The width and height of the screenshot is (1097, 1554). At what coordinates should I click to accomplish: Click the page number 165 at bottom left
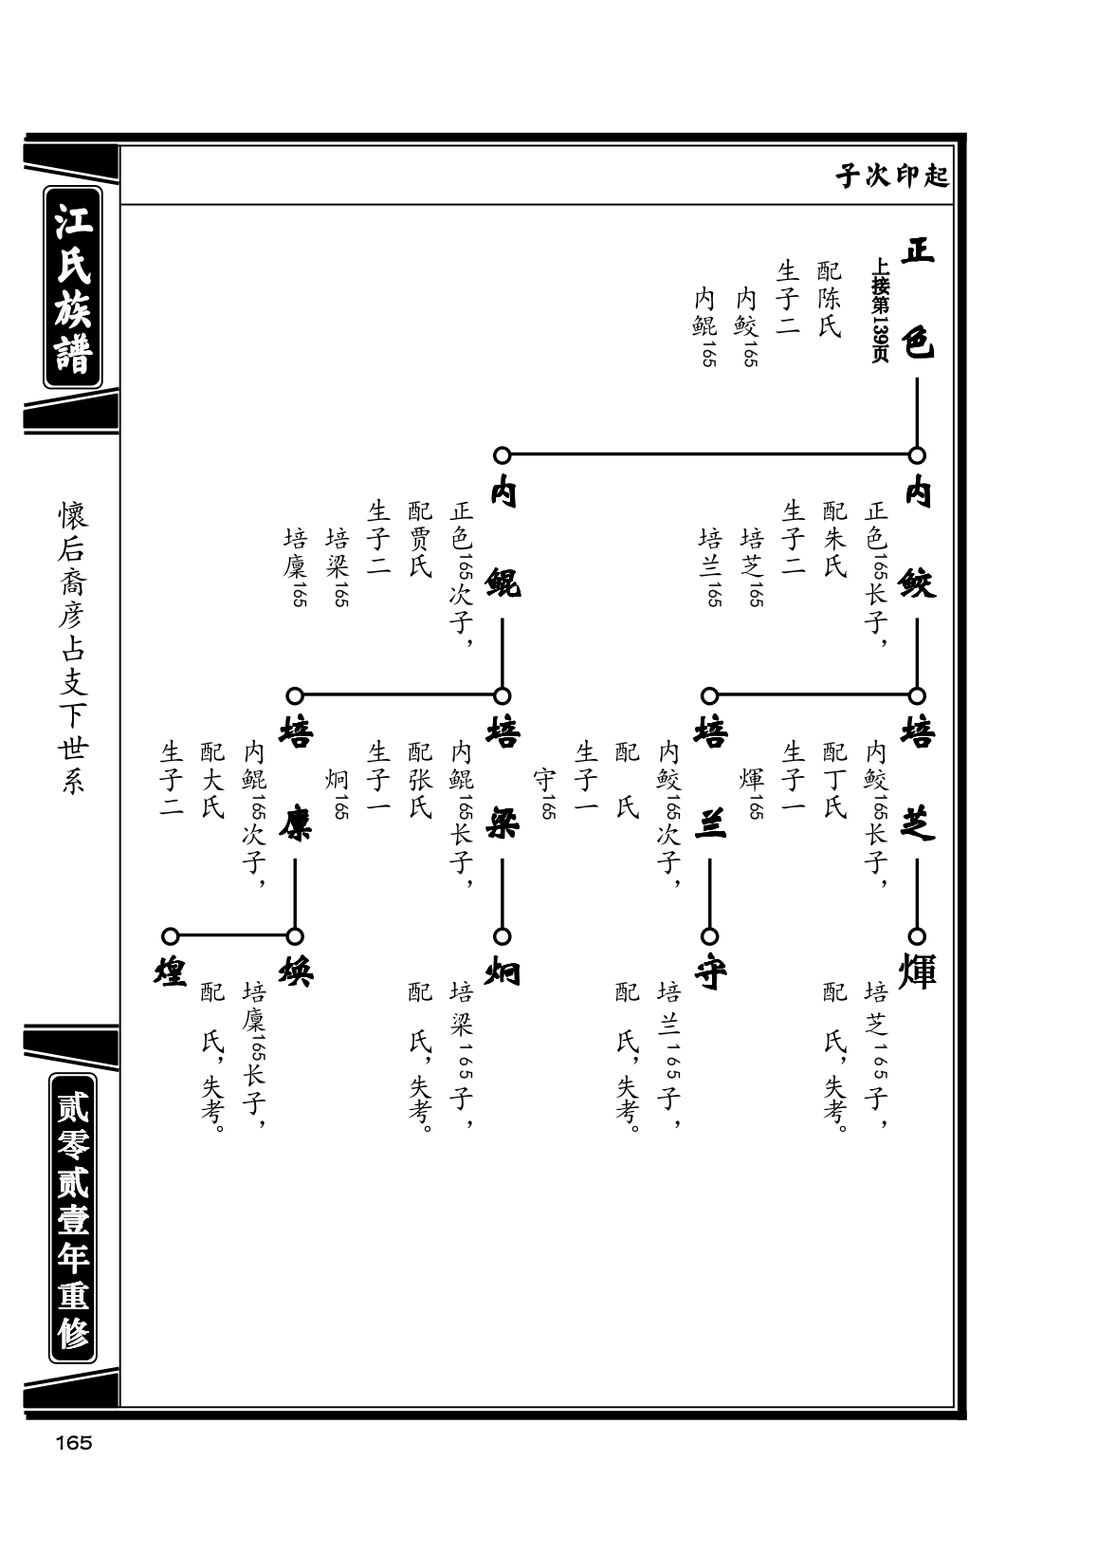74,1442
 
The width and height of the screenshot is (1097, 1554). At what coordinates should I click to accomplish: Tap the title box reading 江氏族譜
73,287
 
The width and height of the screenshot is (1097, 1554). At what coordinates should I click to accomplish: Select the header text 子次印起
891,176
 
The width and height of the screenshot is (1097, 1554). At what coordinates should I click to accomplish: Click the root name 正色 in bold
918,298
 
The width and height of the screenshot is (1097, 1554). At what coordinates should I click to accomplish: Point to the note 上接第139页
880,310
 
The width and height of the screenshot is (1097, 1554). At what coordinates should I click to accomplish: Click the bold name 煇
918,971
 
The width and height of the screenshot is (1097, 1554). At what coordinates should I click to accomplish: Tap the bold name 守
710,971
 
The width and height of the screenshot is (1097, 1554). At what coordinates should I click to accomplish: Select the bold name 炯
503,971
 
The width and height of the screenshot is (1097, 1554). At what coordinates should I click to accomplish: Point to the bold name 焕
296,971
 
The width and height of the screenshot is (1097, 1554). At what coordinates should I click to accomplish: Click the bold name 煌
171,971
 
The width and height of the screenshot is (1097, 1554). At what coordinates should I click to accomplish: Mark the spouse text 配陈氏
829,299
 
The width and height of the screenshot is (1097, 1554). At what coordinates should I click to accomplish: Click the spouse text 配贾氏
419,540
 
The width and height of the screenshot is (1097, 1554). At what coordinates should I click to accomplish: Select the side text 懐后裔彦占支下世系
72,648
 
